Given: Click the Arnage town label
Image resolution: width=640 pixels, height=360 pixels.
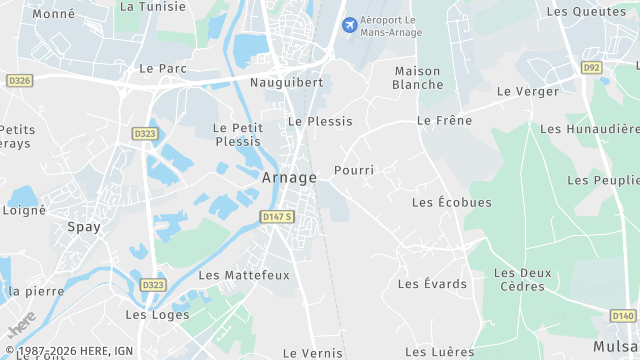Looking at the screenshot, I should pyautogui.click(x=289, y=177).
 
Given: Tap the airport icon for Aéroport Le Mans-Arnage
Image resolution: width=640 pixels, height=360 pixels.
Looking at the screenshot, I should pyautogui.click(x=349, y=24).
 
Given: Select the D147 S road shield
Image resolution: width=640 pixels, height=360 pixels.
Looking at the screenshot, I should pyautogui.click(x=277, y=217).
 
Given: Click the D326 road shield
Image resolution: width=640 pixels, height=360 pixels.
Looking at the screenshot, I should pyautogui.click(x=19, y=80).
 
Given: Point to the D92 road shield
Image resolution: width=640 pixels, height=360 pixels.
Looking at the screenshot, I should pyautogui.click(x=591, y=68).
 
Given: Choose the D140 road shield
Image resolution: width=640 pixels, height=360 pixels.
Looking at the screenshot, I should pyautogui.click(x=622, y=315).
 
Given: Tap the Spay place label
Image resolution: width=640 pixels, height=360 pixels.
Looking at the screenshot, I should pyautogui.click(x=84, y=227).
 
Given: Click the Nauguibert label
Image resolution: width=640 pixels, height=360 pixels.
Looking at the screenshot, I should pyautogui.click(x=287, y=83).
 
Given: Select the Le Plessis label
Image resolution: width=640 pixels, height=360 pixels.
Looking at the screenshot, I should pyautogui.click(x=320, y=121).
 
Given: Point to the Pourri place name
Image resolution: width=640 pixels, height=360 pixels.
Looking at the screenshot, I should pyautogui.click(x=354, y=170).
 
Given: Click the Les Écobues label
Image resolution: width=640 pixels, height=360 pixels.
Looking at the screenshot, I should pyautogui.click(x=452, y=202).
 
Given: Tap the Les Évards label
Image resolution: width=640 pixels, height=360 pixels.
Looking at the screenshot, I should pyautogui.click(x=432, y=284).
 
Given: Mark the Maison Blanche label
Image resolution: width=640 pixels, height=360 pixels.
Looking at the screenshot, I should pyautogui.click(x=418, y=78).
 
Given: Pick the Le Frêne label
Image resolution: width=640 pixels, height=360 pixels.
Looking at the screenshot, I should pyautogui.click(x=443, y=121).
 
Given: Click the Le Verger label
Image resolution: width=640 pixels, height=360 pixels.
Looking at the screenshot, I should pyautogui.click(x=527, y=91).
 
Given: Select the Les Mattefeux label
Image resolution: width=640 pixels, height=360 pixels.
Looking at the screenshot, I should pyautogui.click(x=244, y=275).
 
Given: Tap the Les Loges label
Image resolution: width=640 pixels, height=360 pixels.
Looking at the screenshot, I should pyautogui.click(x=150, y=314).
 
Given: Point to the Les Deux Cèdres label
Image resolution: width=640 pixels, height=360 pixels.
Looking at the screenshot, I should pyautogui.click(x=522, y=280).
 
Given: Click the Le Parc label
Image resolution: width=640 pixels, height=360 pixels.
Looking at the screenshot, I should pyautogui.click(x=164, y=69).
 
